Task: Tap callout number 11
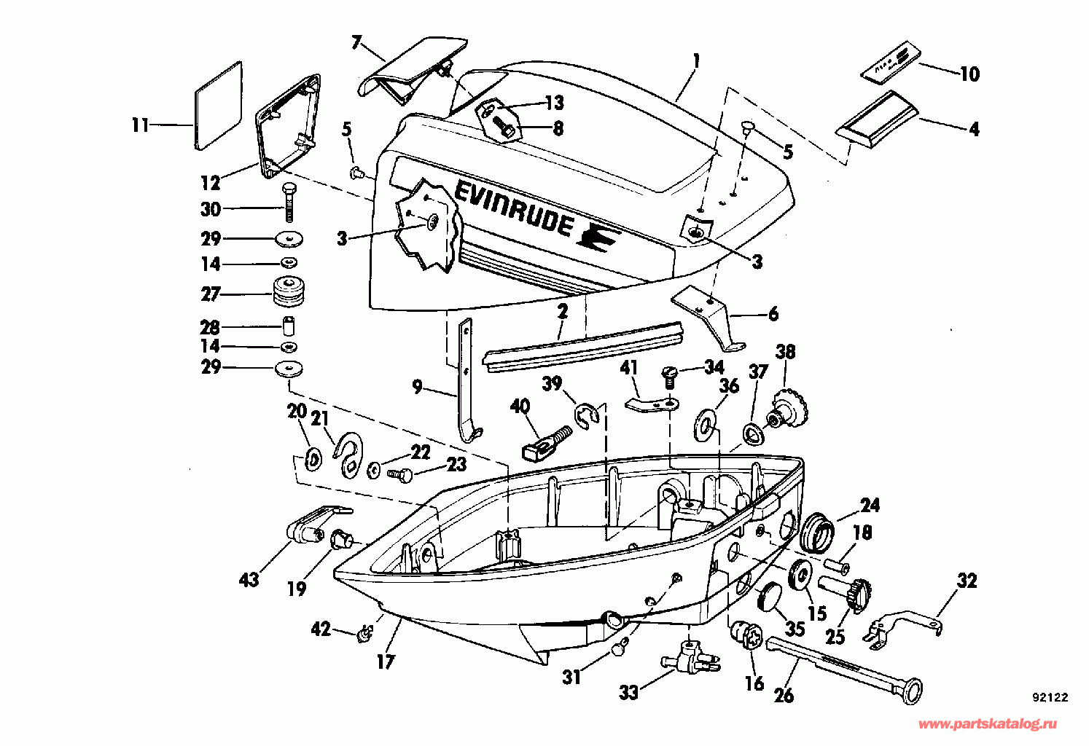(140, 125)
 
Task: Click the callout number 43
(249, 580)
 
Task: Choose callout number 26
(784, 695)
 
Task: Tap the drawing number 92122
(1050, 697)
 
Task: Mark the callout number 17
(386, 661)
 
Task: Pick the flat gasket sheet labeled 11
(218, 106)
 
